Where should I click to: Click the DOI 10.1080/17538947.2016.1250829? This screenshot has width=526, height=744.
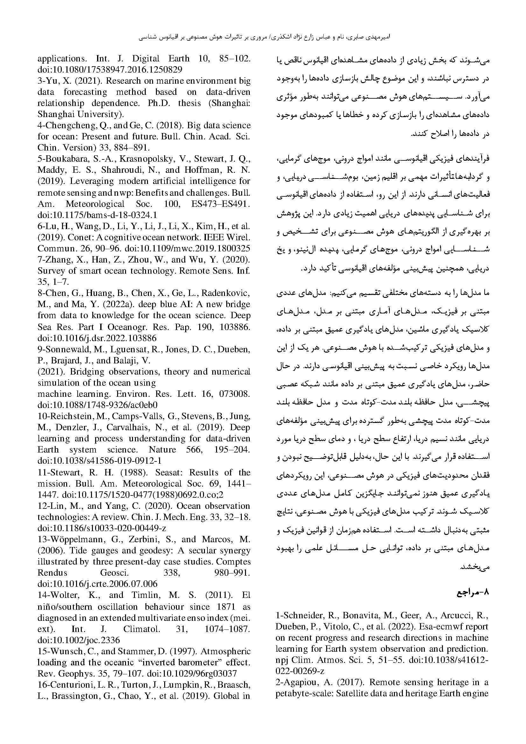point(110,70)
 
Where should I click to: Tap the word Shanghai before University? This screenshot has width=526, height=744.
point(55,114)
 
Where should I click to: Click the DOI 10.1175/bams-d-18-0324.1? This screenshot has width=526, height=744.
point(97,215)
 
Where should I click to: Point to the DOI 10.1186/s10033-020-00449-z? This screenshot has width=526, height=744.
point(102,528)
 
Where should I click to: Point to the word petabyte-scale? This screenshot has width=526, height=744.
point(301,693)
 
